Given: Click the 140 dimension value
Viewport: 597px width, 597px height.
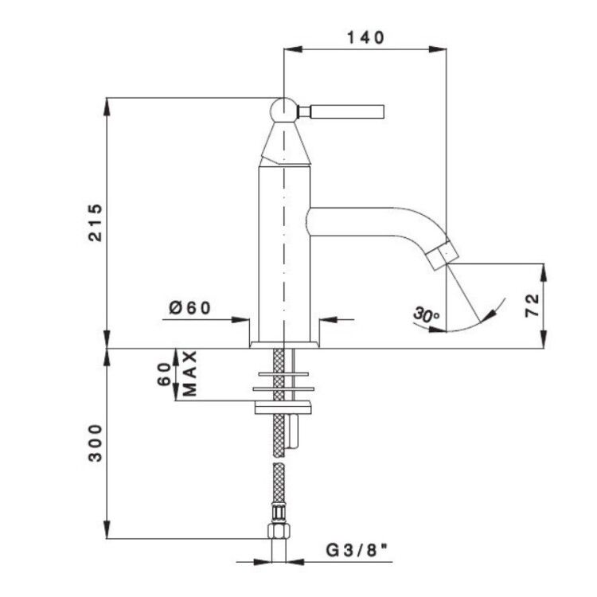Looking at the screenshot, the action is (365, 37).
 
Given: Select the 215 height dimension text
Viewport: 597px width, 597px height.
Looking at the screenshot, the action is (96, 223).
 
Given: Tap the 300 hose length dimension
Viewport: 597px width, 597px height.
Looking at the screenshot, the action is (96, 443).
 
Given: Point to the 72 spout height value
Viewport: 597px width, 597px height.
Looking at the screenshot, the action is (533, 305).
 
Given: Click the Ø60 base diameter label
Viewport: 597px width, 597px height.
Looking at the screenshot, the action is (189, 307).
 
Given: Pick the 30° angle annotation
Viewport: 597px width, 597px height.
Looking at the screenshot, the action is (426, 314).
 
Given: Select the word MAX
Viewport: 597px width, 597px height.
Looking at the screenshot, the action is (189, 373).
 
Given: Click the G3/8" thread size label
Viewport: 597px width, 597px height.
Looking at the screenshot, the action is (357, 550).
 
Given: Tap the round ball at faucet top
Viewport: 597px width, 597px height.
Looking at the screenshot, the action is (283, 111).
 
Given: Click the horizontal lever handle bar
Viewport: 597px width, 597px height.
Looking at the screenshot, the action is (347, 112).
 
